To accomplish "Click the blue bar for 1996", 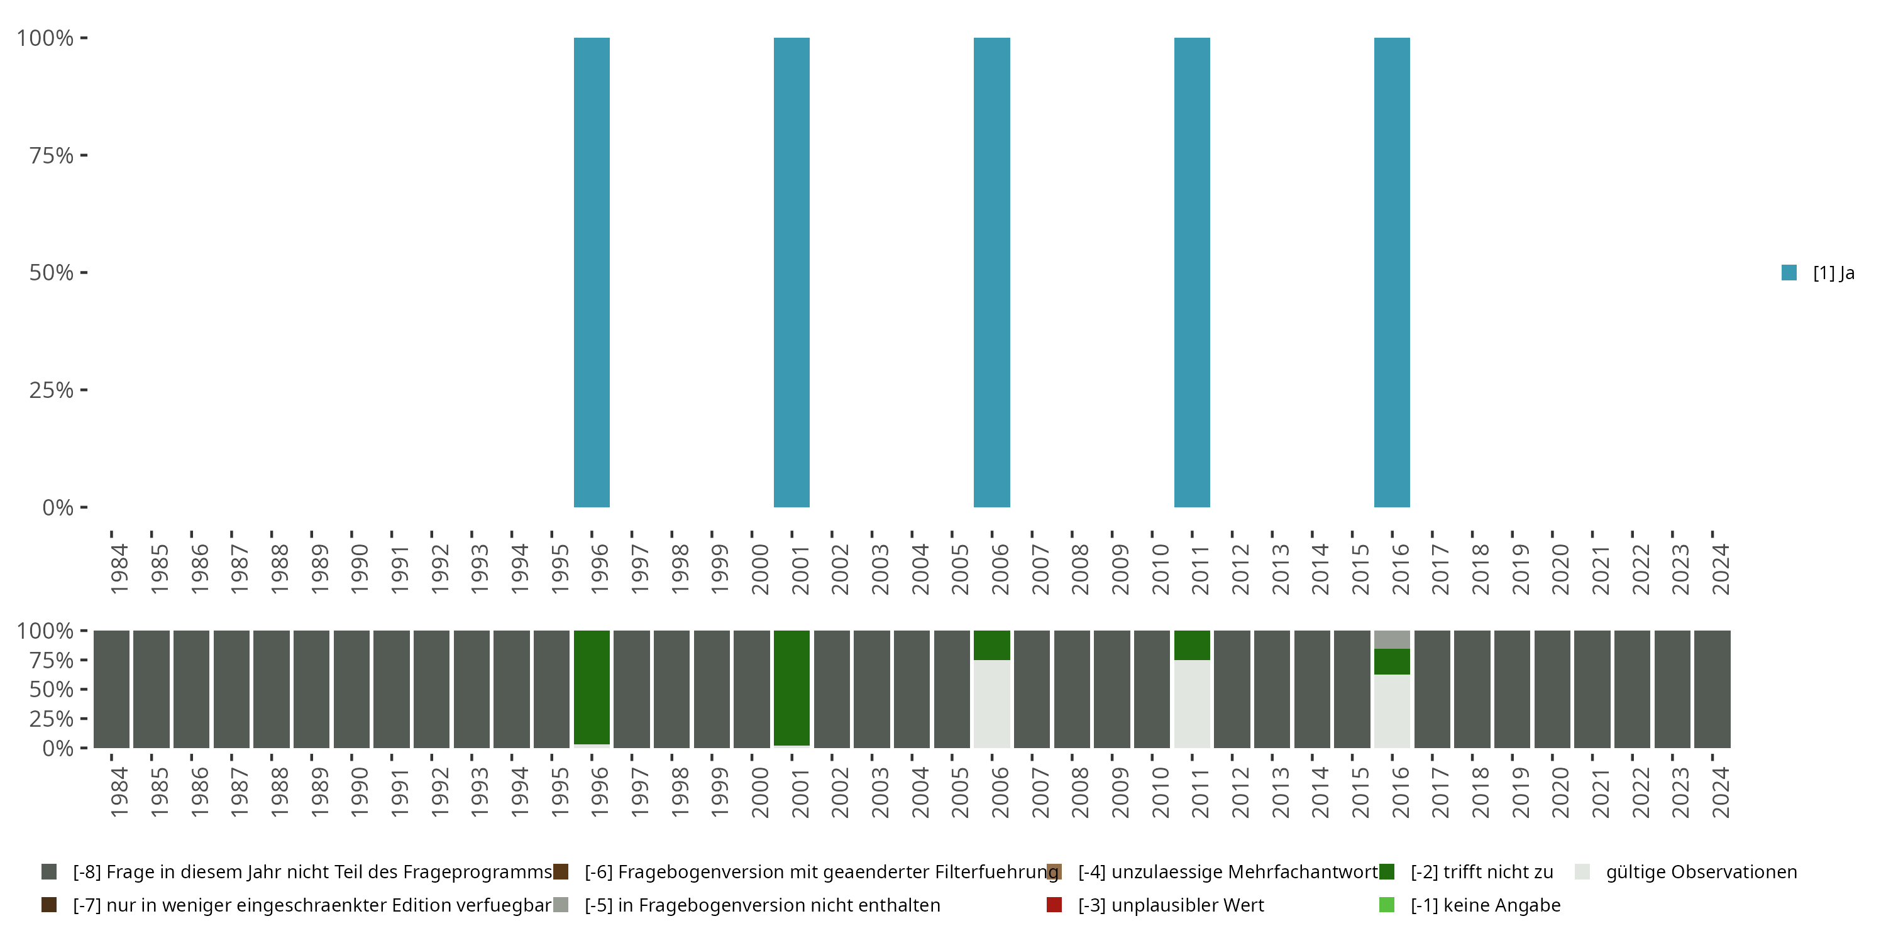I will (592, 272).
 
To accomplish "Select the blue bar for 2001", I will (791, 272).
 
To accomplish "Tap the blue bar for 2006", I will (991, 272).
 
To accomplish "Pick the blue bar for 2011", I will (1192, 272).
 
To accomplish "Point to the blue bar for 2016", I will (1392, 272).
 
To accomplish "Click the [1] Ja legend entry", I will (1818, 273).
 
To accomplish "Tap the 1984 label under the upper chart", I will (119, 569).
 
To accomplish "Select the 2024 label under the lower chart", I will (1720, 792).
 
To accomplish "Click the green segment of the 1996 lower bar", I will (592, 687).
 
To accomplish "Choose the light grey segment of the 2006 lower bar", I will (991, 703).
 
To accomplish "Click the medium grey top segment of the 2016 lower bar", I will (1392, 639).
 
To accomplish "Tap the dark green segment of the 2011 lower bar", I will (1192, 645).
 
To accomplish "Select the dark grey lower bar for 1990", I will (351, 689).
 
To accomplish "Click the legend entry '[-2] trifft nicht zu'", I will (1481, 872).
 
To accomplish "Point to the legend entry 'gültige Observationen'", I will (1700, 872).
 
